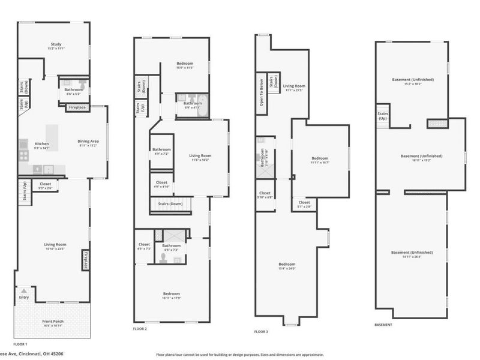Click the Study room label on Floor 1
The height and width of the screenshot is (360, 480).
[55, 44]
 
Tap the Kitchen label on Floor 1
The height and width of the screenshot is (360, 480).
[41, 144]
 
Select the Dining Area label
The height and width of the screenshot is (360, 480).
[89, 141]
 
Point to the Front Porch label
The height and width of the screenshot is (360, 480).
[54, 322]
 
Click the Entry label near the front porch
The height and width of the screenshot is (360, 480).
[24, 297]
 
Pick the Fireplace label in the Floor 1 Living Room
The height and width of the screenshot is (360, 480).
[86, 262]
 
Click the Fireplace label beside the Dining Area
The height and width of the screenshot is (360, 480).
[77, 107]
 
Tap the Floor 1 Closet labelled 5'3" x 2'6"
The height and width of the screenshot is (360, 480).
[46, 184]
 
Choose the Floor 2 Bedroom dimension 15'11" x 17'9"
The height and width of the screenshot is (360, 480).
[172, 298]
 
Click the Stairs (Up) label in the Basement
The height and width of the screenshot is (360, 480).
[382, 115]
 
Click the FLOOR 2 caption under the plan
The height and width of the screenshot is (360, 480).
[139, 329]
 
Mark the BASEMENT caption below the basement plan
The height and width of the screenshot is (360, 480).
[383, 325]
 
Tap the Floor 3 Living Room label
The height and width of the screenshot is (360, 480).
[293, 86]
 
